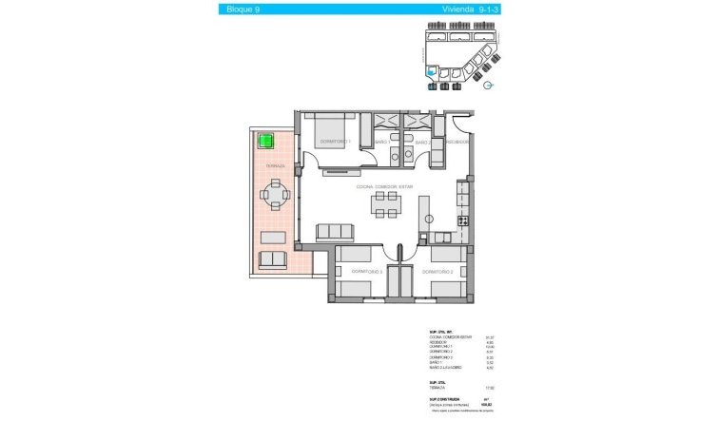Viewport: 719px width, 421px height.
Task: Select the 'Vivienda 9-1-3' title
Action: click(469, 10)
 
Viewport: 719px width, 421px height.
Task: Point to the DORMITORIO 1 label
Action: click(334, 142)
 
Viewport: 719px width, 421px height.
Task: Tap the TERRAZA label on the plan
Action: click(275, 165)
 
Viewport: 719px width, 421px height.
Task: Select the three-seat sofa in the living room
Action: click(336, 231)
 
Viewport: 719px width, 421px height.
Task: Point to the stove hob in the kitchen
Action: click(463, 220)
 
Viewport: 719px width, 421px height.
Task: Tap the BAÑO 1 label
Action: click(382, 143)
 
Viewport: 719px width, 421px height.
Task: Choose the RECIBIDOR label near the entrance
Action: click(457, 143)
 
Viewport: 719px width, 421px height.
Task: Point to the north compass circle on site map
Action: click(488, 86)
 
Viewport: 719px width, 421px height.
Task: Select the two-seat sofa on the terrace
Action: click(274, 259)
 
